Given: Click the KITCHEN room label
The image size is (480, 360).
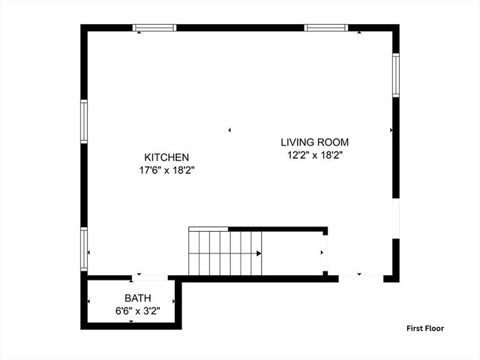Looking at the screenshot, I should [x=166, y=157].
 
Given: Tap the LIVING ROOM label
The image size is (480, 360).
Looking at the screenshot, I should [x=314, y=142].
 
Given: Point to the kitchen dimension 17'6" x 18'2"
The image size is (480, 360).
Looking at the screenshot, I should [x=166, y=170].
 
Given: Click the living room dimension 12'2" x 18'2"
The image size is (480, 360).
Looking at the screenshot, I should [x=314, y=155].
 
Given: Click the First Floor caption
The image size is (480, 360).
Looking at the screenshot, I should [x=425, y=328].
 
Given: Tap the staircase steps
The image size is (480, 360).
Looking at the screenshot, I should [x=225, y=253].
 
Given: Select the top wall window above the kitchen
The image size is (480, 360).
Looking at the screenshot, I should [x=154, y=28].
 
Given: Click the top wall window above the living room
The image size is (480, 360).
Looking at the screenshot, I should [x=326, y=28].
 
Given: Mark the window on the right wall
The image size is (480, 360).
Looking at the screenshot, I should [x=395, y=75].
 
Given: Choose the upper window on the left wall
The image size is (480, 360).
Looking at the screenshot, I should [x=84, y=121].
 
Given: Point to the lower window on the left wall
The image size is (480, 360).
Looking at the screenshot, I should [x=84, y=248].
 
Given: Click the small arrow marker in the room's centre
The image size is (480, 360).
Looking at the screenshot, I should [x=230, y=130].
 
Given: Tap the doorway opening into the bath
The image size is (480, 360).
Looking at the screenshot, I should [x=151, y=278].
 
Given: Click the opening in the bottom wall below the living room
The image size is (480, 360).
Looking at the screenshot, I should [x=361, y=278].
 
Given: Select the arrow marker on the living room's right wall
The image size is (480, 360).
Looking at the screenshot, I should [x=391, y=130].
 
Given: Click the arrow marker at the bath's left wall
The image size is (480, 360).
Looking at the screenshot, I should [x=89, y=302].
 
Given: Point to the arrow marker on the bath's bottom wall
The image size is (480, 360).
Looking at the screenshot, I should [x=132, y=322].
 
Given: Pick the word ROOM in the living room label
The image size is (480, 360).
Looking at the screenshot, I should [x=334, y=142].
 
